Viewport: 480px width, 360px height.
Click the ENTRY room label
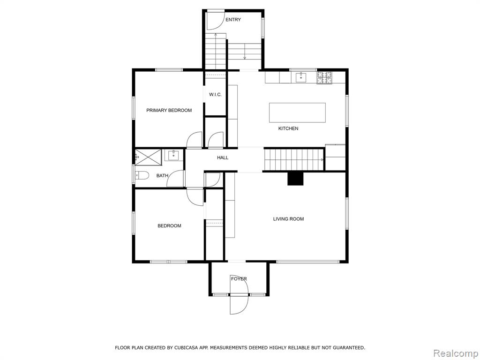tap(233, 20)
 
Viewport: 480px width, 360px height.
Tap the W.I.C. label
tap(215, 95)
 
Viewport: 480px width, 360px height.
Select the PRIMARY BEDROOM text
tap(169, 110)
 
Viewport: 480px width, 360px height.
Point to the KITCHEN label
tap(288, 128)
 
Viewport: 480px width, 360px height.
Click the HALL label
tap(223, 157)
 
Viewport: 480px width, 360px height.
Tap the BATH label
tap(162, 176)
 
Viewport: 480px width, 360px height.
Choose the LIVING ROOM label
tap(288, 219)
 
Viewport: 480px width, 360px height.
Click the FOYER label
tap(239, 279)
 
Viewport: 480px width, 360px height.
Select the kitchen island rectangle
tap(297, 112)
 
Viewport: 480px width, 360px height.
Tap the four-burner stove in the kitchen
tap(324, 77)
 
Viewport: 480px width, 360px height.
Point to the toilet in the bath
tap(142, 176)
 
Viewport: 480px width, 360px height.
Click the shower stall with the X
tap(148, 157)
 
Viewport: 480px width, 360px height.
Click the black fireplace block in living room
tap(295, 179)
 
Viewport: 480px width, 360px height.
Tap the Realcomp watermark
tap(456, 353)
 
